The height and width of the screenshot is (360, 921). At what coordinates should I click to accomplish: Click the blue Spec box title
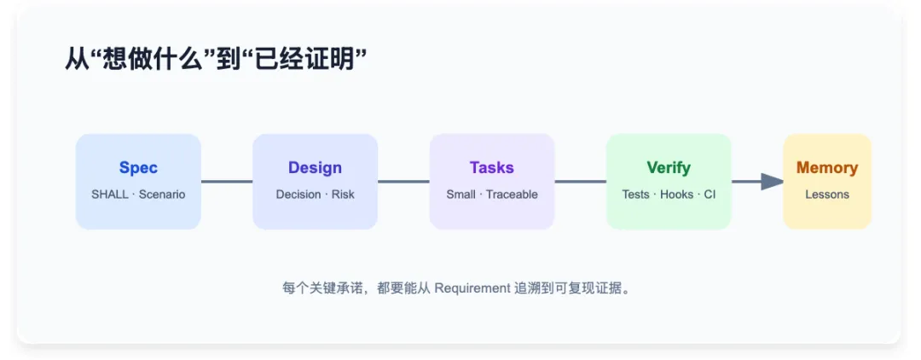(139, 168)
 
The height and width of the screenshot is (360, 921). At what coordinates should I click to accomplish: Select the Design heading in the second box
(315, 168)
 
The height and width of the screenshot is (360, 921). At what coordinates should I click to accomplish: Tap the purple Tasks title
(492, 168)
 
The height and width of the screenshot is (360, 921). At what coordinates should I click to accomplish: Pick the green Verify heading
(669, 168)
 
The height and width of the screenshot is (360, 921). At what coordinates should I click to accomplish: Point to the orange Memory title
(827, 168)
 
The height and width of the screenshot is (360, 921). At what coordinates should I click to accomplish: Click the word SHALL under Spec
(110, 195)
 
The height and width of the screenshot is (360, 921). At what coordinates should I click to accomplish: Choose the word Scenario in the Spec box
(162, 195)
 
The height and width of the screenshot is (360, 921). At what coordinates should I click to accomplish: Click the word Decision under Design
(298, 195)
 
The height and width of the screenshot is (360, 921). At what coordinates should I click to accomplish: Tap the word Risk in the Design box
(343, 195)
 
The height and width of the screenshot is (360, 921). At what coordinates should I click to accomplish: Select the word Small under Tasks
(461, 195)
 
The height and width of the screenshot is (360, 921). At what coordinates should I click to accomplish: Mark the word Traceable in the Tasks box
(513, 195)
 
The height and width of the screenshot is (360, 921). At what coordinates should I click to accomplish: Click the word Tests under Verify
(636, 195)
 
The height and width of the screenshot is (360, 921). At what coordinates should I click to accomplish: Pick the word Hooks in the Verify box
(676, 195)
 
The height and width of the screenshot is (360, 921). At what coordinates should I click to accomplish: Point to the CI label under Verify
(710, 195)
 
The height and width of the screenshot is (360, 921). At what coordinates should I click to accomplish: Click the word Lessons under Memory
(827, 195)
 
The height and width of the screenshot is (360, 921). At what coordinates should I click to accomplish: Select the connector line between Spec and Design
(227, 182)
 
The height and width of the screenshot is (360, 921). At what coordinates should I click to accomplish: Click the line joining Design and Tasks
(403, 182)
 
